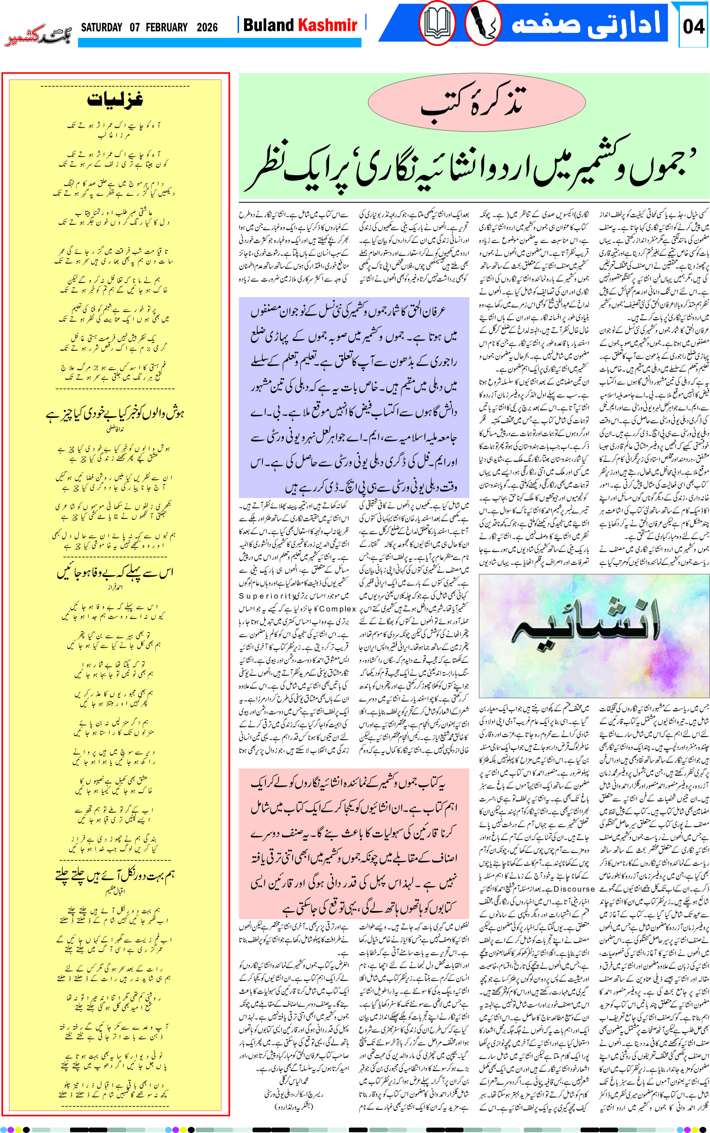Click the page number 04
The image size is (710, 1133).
point(693,26)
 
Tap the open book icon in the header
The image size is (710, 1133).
point(437,23)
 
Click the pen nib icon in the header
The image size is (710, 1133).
point(483,23)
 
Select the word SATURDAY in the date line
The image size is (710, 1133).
point(101,27)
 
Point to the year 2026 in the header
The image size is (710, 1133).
point(207,27)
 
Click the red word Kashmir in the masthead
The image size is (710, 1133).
point(328,25)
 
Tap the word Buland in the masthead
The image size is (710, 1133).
point(269,25)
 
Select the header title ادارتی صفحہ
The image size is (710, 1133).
point(586,23)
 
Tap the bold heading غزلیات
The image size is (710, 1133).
point(115,99)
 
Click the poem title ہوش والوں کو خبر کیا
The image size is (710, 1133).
point(115,413)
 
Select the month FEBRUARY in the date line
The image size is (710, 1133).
point(166,27)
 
